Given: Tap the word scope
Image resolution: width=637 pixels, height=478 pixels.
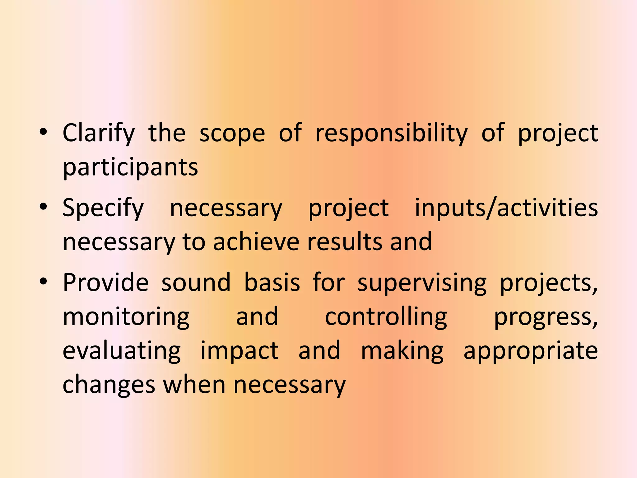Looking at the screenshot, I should point(232,134).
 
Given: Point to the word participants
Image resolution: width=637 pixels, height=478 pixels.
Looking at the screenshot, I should point(130,167).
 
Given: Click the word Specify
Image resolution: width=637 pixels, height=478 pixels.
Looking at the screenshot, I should point(103,208).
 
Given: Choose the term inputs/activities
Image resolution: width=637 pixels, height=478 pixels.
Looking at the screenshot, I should point(506,208).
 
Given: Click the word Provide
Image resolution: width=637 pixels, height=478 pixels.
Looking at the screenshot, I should point(106,282).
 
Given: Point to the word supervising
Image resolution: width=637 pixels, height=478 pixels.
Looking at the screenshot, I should point(422,283).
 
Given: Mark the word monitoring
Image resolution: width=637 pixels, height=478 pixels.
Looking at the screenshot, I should point(126,317).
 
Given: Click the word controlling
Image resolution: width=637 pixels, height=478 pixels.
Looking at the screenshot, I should point(386,317).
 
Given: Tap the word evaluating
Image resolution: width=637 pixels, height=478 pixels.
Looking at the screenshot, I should point(122,351).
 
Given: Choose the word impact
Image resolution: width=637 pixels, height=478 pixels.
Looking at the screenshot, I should point(239,351).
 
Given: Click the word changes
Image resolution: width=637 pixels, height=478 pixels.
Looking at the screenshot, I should point(109,385).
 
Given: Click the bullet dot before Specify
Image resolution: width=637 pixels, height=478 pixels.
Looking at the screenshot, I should point(44,207).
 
